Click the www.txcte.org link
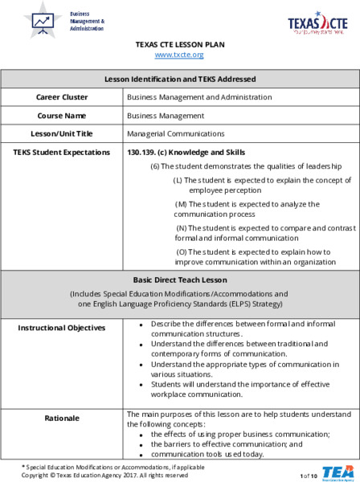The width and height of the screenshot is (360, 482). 179,55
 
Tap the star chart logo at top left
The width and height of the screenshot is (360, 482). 43,21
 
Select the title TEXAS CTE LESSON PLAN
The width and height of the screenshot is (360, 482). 179,44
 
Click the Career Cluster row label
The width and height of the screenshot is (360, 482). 62,97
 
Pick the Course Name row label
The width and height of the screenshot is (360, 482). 62,116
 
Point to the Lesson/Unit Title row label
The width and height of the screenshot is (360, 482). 62,133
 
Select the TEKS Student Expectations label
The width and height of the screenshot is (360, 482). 62,152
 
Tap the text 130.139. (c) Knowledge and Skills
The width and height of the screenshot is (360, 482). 186,152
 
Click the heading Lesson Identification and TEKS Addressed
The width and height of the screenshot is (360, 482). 180,79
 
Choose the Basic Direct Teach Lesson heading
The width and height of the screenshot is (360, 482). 180,280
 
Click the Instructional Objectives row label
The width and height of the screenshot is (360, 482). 62,328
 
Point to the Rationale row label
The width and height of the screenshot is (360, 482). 62,418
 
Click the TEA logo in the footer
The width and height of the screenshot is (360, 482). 337,472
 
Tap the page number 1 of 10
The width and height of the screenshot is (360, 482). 309,476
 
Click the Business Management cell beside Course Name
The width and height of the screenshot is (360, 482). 166,116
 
